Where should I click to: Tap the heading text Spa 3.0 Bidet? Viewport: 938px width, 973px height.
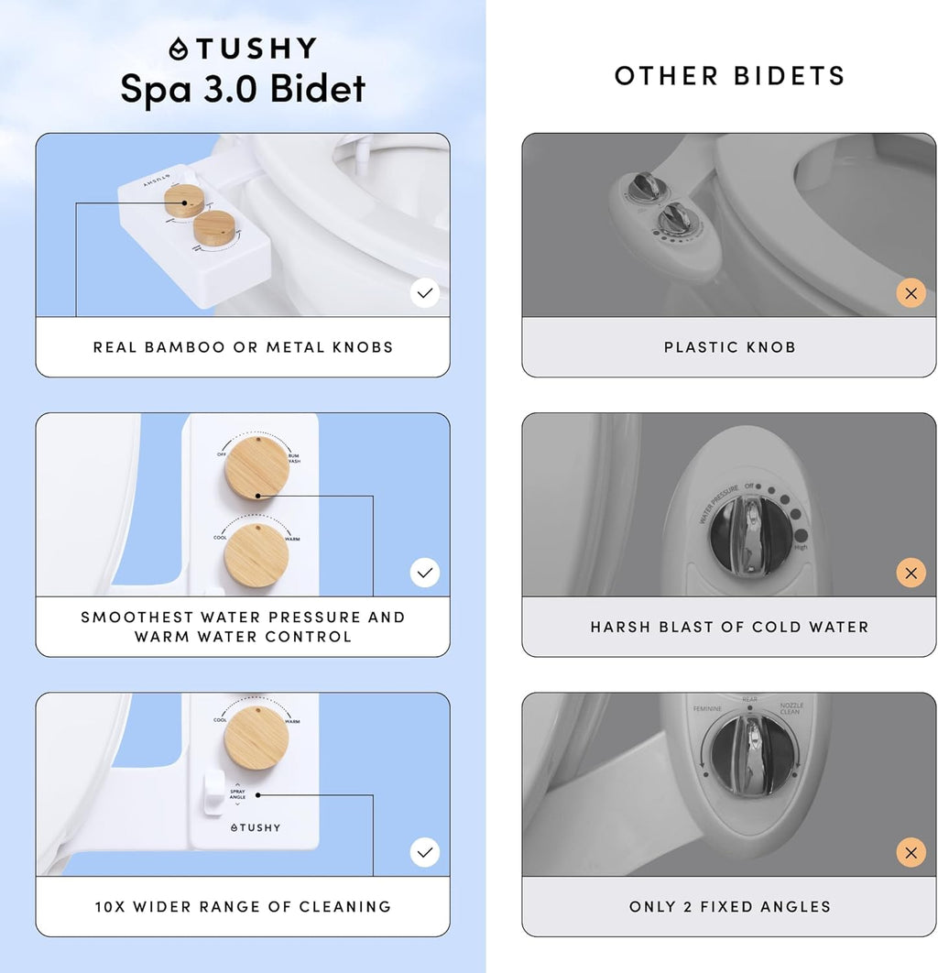coord(243,89)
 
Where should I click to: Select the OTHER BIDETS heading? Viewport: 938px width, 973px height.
coord(729,76)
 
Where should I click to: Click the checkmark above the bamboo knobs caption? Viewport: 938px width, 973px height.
coord(424,293)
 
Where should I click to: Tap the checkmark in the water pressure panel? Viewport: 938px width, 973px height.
coord(424,573)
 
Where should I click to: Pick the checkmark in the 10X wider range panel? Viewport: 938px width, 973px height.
coord(424,852)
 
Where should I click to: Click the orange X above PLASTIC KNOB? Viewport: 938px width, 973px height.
coord(911,293)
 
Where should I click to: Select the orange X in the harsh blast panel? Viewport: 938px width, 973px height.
coord(911,574)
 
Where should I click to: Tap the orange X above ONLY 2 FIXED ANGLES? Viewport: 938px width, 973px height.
coord(911,853)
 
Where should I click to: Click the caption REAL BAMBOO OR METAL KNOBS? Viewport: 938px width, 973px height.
coord(243,347)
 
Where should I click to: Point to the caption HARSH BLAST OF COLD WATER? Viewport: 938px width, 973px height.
coord(729,627)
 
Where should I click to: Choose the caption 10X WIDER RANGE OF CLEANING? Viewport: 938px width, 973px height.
coord(243,907)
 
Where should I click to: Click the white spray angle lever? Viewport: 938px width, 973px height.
coord(213,792)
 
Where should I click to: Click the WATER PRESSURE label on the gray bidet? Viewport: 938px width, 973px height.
coord(719,504)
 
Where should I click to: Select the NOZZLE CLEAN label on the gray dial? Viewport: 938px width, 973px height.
coord(791,708)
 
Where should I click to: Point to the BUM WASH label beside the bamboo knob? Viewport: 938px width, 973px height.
coord(293,458)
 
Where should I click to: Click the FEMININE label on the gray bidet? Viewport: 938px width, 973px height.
coord(706,709)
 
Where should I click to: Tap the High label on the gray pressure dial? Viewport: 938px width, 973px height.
coord(801,547)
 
